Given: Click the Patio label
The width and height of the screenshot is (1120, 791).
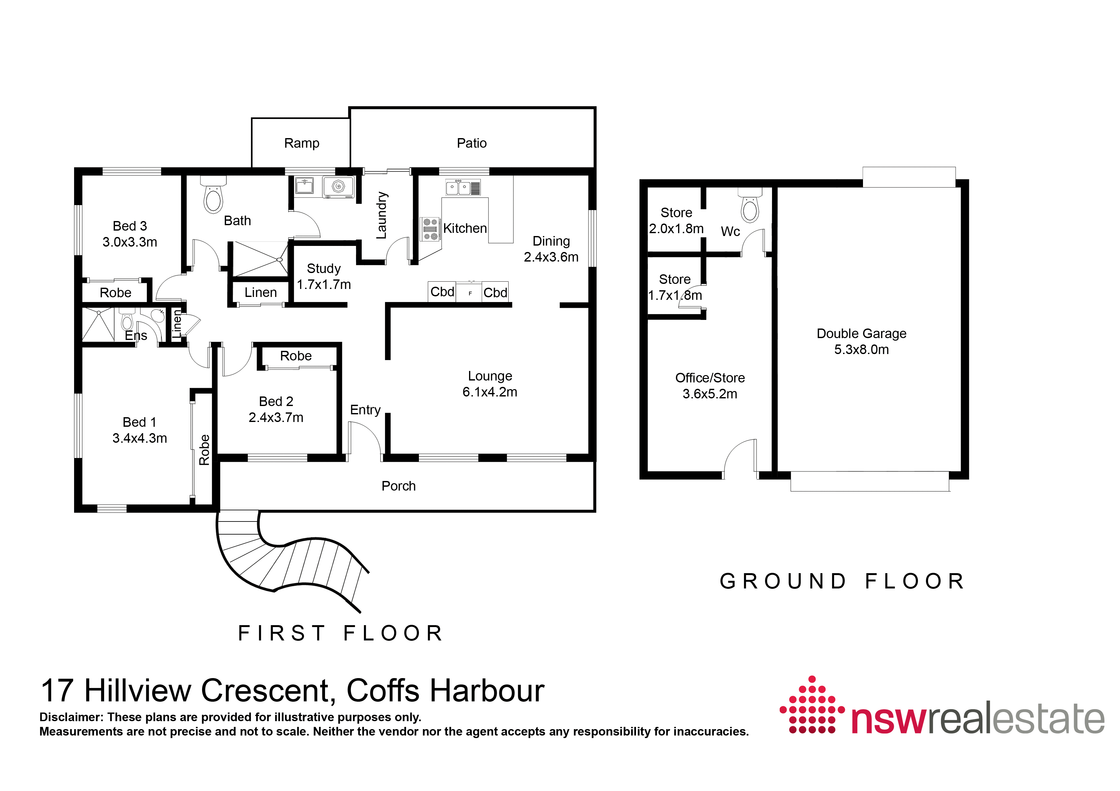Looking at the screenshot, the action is [x=471, y=143].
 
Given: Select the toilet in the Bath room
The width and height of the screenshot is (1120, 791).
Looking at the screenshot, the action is [x=213, y=195].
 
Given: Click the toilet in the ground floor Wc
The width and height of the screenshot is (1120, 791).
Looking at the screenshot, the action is [x=750, y=205].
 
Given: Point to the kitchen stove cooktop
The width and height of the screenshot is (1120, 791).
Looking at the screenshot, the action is [x=430, y=229].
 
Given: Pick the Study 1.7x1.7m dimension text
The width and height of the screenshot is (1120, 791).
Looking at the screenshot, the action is [x=324, y=285].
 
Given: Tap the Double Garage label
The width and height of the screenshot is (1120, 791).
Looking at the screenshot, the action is [x=861, y=334].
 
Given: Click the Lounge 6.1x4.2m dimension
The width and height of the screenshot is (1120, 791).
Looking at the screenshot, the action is [x=490, y=392].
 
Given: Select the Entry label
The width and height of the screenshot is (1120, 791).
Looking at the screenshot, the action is [x=365, y=410].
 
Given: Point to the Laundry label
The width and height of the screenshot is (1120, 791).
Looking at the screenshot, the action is [x=382, y=215].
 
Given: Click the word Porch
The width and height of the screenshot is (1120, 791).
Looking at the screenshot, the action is [x=398, y=486].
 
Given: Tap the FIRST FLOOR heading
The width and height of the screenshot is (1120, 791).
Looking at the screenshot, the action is [x=340, y=633].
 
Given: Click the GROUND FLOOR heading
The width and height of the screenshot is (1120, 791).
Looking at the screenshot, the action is [x=843, y=581].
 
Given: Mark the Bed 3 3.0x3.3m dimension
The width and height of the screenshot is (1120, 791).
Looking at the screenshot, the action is [x=130, y=242].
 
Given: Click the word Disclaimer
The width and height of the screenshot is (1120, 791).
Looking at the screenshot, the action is [x=72, y=717].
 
